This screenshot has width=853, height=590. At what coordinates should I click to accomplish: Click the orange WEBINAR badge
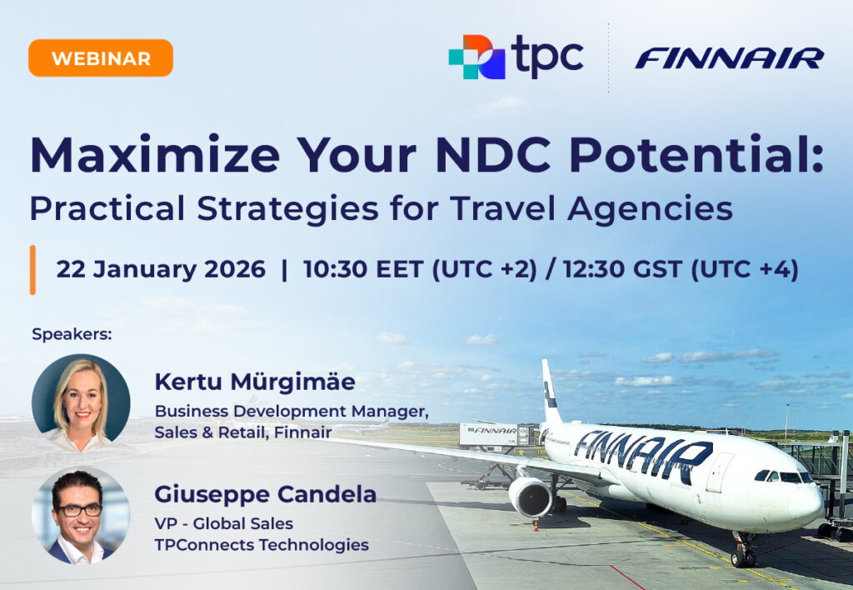pos(101,58)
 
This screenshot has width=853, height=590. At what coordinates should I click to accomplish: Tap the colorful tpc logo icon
pos(476,57)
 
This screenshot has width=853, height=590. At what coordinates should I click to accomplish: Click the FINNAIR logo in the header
pos(729,57)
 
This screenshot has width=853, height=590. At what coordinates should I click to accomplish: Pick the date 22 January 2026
pos(161,270)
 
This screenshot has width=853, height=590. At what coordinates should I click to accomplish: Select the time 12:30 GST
pos(621,270)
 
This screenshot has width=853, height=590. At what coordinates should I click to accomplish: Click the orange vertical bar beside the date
pos(32,270)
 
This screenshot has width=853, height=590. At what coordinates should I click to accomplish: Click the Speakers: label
pos(72,334)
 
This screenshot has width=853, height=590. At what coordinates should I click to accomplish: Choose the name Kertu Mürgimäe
pos(255,382)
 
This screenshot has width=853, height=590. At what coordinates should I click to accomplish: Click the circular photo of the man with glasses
pos(81,515)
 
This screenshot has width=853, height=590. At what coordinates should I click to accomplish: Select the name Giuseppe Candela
pos(265,494)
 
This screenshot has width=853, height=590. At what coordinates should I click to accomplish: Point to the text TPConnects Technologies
pos(262,545)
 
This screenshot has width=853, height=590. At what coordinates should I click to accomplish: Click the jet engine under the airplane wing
pos(530,497)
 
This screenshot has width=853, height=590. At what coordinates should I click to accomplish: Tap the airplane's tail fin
pos(551,392)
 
